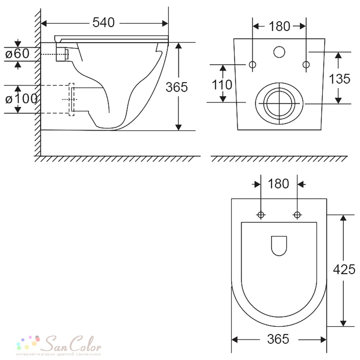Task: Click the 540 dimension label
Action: coord(104,22)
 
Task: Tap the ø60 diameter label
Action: coord(17,54)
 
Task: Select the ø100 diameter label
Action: coord(21,99)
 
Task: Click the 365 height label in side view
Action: coord(176,87)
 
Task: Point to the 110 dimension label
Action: coord(222,85)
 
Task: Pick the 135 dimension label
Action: coord(339,79)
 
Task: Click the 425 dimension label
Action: coord(344,269)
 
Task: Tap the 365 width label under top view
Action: coord(278,339)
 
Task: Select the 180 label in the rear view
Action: coord(279,26)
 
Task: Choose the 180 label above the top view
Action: coord(278,184)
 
